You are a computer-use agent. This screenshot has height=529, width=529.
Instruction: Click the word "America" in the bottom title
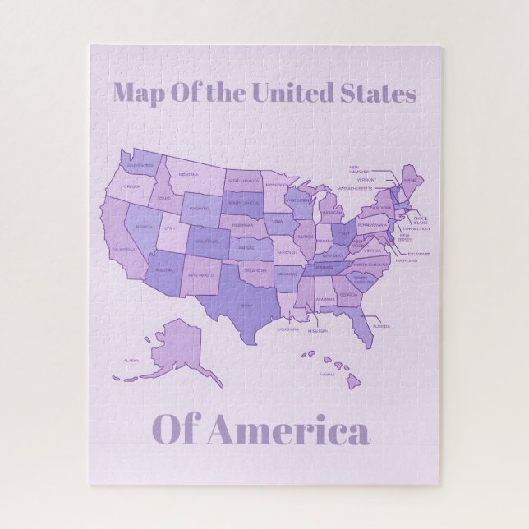[288, 431]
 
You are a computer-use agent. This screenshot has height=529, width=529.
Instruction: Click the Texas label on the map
[245, 304]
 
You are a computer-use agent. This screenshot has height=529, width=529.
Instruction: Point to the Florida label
[380, 325]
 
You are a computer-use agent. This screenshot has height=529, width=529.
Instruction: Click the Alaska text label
[131, 360]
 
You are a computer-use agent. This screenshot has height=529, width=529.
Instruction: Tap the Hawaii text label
[327, 375]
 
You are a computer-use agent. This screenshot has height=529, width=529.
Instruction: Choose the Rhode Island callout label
[421, 220]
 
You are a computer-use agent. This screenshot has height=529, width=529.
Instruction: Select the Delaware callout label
[418, 254]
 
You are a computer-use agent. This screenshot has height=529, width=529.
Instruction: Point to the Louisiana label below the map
[287, 329]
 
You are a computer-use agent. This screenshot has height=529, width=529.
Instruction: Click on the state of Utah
[171, 227]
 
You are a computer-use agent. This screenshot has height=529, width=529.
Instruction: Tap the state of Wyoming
[199, 209]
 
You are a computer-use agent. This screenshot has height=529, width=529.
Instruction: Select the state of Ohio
[345, 232]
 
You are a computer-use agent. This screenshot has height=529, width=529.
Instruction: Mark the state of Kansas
[246, 247]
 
